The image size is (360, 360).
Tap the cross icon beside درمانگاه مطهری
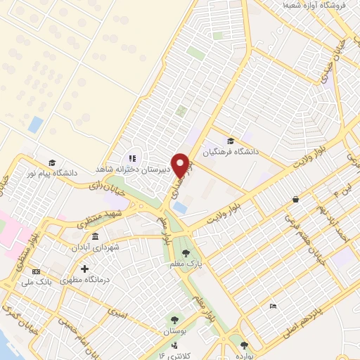click(x=84, y=269)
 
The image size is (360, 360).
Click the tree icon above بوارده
click(x=244, y=345)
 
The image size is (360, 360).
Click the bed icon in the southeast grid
click(x=274, y=306)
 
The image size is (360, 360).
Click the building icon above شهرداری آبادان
click(x=95, y=236)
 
